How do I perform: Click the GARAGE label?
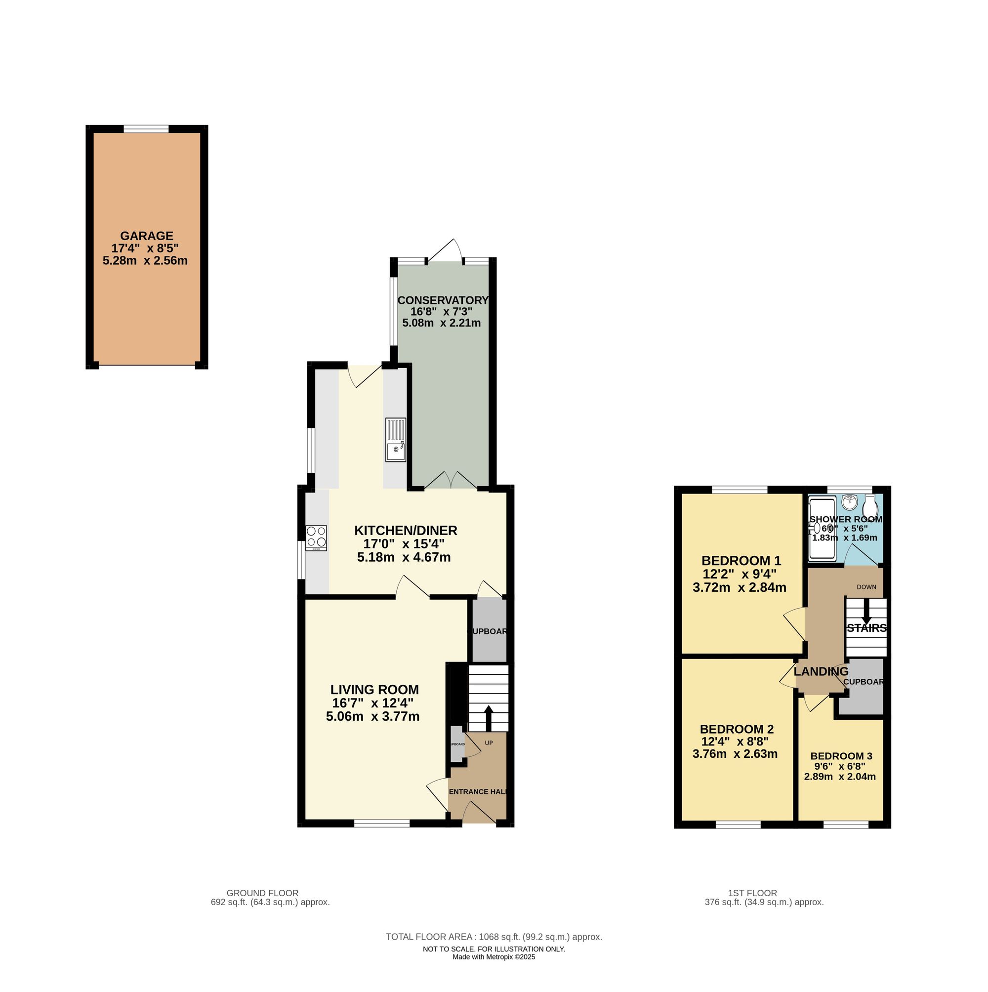(146, 236)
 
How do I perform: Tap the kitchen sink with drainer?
(395, 441)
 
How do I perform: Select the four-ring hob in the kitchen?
(316, 537)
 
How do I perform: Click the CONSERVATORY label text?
(443, 300)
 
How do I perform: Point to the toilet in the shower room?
(870, 507)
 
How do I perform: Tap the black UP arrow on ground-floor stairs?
(488, 717)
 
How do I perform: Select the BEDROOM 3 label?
(841, 756)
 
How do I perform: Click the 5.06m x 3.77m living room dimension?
(372, 716)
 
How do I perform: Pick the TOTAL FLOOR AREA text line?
(494, 937)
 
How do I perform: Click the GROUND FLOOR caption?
(262, 893)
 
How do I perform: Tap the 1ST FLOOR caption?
(752, 893)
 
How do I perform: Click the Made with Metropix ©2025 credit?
(494, 957)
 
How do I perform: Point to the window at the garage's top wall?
(146, 129)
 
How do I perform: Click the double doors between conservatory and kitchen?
(451, 482)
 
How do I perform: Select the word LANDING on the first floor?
(821, 671)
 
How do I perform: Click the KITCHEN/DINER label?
(405, 531)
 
